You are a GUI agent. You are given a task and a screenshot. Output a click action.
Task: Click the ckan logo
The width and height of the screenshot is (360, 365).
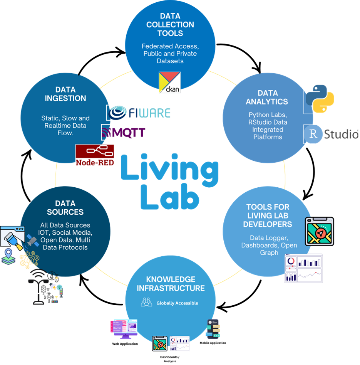(170, 82)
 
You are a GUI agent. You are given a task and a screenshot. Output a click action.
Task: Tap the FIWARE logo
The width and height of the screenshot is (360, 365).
(139, 113)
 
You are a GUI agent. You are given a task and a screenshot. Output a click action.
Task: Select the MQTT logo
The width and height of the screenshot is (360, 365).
(123, 132)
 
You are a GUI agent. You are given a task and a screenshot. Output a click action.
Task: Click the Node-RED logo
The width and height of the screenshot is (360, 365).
(95, 155)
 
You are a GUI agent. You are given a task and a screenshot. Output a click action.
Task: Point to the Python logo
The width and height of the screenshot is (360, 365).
(319, 98)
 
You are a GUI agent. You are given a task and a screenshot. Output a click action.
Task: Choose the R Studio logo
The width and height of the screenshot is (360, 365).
(331, 134)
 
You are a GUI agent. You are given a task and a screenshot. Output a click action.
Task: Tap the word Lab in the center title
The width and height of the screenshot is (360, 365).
(170, 197)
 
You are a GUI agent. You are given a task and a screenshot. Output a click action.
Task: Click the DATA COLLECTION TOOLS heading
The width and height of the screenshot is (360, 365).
(170, 25)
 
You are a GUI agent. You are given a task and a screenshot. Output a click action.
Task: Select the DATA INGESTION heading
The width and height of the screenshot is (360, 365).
(65, 94)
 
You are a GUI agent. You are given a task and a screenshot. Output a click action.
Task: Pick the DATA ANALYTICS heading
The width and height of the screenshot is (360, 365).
(267, 97)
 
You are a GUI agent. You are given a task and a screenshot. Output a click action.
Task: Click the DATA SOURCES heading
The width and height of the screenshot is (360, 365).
(65, 207)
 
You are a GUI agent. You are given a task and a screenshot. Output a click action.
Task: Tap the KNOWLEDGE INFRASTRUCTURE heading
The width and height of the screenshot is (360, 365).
(171, 284)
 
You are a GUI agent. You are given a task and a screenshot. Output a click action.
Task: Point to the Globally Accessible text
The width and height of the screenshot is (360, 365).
(177, 303)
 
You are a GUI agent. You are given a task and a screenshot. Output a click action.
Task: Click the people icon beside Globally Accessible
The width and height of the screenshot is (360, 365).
(146, 303)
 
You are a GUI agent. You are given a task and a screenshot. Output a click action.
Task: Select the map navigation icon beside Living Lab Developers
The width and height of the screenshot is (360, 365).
(319, 231)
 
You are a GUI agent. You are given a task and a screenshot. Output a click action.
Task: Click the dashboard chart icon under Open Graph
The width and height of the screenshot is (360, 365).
(303, 268)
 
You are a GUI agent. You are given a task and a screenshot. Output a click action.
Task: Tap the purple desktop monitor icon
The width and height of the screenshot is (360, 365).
(124, 328)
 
